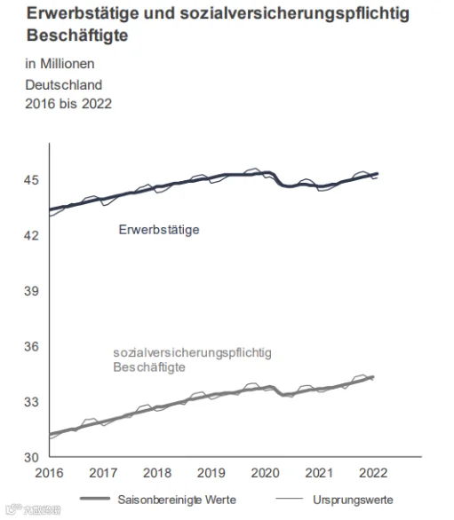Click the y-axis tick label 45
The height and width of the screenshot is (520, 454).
tap(31, 180)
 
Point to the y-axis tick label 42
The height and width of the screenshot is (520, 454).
tap(31, 235)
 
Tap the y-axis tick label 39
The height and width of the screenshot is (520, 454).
tap(31, 291)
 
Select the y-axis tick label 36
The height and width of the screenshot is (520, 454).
tap(31, 347)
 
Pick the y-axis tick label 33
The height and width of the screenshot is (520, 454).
tap(31, 402)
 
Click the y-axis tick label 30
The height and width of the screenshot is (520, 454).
tap(31, 458)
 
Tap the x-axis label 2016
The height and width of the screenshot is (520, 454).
tap(49, 473)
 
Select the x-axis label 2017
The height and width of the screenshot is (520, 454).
tap(103, 473)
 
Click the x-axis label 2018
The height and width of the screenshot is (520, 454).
tap(157, 473)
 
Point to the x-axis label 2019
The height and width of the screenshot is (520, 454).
tap(211, 473)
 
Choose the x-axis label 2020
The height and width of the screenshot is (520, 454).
tap(265, 473)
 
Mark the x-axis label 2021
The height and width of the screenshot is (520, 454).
tap(319, 473)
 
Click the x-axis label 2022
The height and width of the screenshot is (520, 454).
tap(373, 473)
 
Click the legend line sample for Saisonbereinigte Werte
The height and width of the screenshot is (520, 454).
tap(95, 499)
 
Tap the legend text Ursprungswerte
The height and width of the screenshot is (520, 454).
tap(353, 500)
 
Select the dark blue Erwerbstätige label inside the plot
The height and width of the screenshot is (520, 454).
tap(159, 230)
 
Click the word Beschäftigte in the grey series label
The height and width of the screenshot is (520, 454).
tap(149, 367)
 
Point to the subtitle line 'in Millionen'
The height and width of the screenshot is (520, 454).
tap(60, 64)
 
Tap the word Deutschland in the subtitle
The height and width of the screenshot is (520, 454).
tap(63, 85)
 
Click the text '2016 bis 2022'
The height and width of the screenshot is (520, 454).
tap(68, 104)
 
